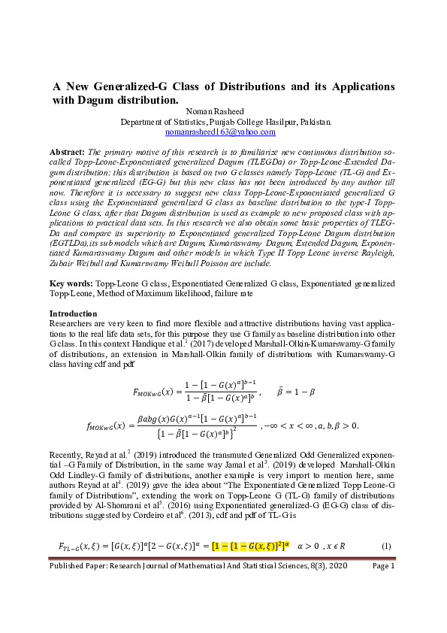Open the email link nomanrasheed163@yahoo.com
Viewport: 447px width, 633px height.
222,131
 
